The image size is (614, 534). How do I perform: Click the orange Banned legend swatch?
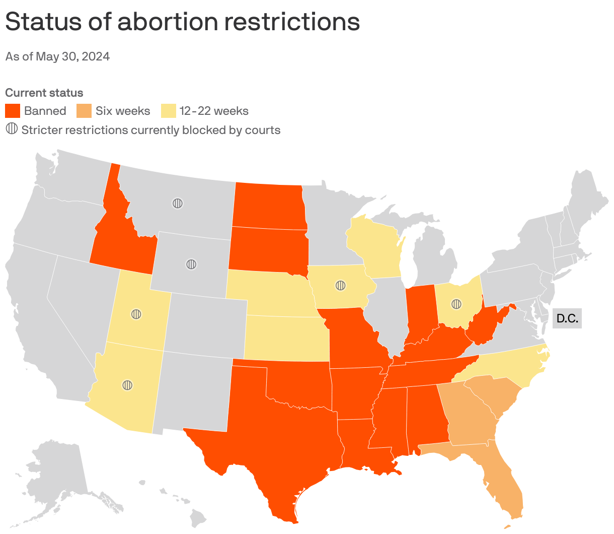click(13, 111)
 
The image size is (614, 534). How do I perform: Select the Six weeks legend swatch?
click(84, 111)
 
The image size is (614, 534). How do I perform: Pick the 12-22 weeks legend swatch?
click(168, 111)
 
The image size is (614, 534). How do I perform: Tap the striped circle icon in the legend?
click(12, 129)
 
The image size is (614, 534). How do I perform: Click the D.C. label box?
click(567, 318)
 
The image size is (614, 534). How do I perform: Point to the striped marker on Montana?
click(177, 204)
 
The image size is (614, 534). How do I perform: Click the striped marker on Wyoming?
click(191, 264)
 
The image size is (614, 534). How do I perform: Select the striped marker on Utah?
click(136, 314)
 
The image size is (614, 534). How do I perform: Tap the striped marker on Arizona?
click(128, 385)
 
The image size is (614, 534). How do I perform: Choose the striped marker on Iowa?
click(341, 286)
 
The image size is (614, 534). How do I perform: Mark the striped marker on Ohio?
click(456, 304)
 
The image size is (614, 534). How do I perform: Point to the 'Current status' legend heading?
click(44, 93)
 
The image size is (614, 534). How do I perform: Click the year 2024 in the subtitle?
click(96, 56)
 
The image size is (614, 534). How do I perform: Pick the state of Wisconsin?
click(375, 247)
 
